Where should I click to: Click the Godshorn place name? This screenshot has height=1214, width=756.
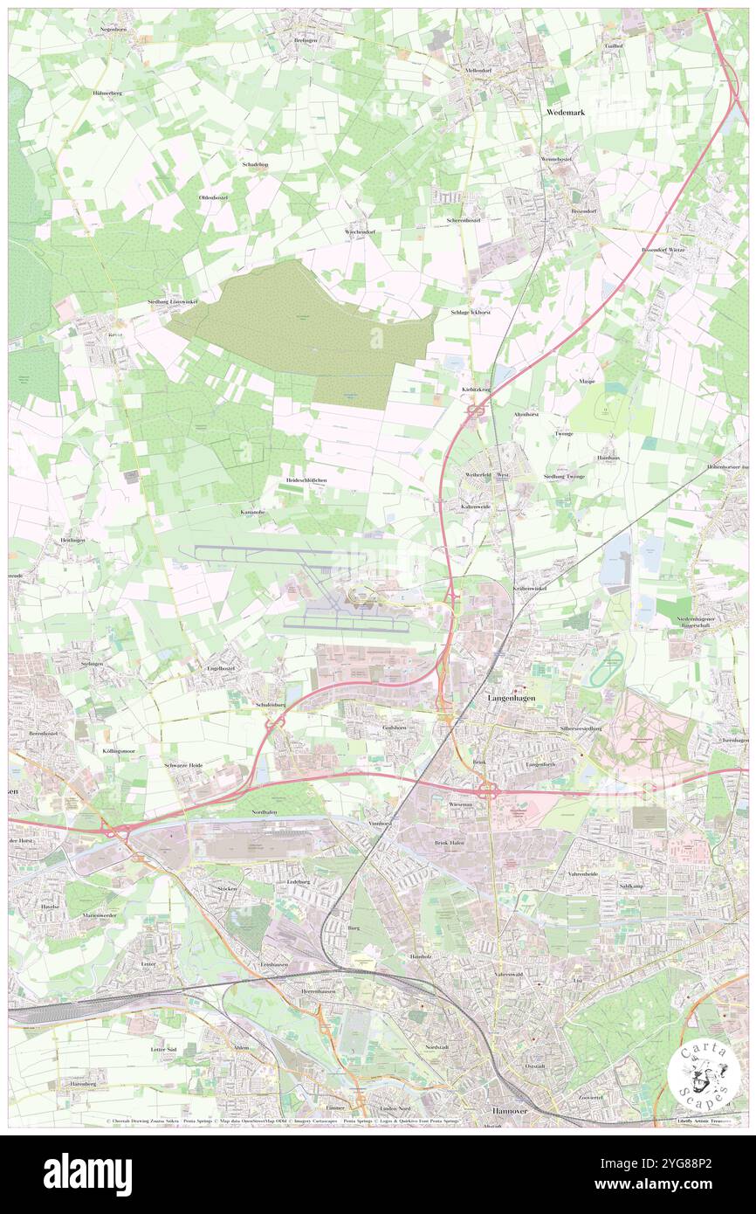395,727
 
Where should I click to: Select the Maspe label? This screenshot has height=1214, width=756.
587,382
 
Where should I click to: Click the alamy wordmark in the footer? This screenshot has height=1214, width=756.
87,1175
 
